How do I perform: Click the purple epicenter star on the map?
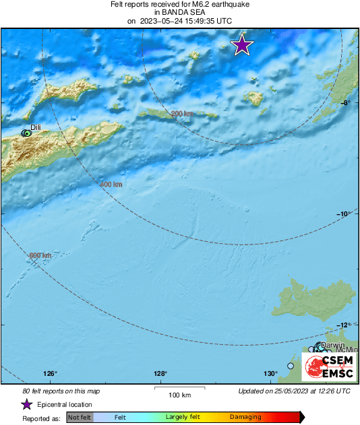[x=242, y=45]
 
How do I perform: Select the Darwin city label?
[x=333, y=345]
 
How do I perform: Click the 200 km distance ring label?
[x=181, y=114]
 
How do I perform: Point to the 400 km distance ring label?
[x=111, y=185]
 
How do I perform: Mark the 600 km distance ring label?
[x=40, y=255]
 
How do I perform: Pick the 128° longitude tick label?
[x=160, y=374]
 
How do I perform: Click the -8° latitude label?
[x=344, y=103]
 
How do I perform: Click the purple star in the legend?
[x=26, y=404]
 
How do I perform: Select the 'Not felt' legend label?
[x=80, y=418]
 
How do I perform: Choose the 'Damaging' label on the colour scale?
[x=245, y=418]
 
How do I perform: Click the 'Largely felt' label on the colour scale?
[x=181, y=418]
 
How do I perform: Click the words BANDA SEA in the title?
[x=179, y=12]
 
